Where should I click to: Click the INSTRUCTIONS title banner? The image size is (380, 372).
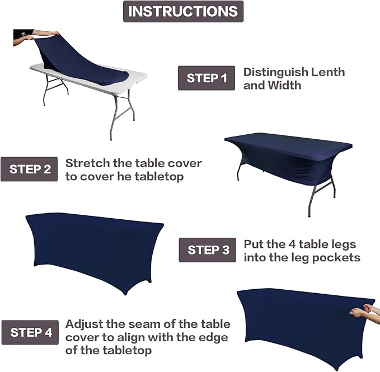[x=183, y=12]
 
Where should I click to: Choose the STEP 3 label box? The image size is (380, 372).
[x=207, y=250]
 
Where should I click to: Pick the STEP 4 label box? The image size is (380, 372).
[x=30, y=332]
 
